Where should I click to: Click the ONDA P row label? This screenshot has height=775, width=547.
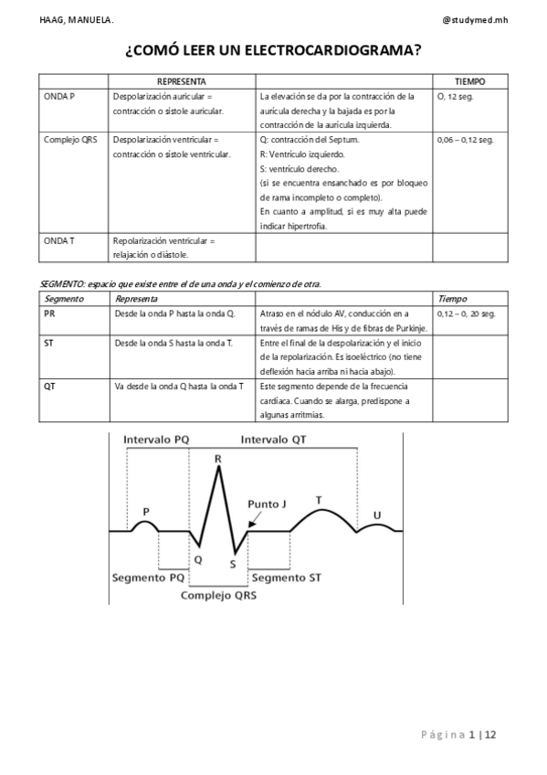tap(59, 96)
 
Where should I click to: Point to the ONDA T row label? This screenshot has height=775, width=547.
tap(59, 241)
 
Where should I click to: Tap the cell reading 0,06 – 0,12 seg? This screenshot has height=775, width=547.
tap(466, 140)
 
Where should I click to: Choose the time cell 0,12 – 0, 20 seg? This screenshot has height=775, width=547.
tap(467, 313)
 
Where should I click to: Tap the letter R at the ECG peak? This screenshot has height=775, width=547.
tap(217, 459)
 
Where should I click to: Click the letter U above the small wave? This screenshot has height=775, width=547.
tap(377, 515)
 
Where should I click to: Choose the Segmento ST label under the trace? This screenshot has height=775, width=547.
tap(286, 578)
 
